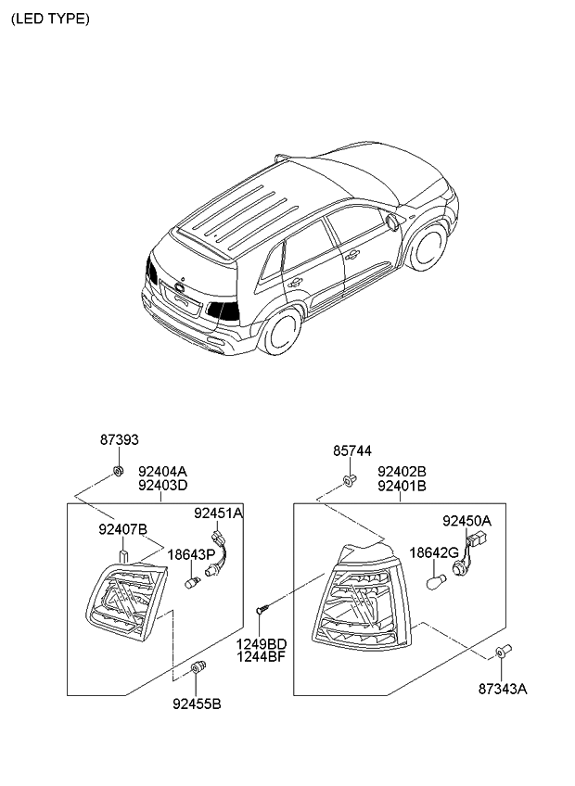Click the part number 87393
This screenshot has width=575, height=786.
119,439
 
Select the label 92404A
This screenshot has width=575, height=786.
162,472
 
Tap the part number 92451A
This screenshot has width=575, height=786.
218,513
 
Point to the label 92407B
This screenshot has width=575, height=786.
123,529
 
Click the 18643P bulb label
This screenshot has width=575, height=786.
191,554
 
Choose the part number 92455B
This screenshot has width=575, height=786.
197,704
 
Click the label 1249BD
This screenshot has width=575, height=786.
262,643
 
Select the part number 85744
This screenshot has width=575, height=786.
352,451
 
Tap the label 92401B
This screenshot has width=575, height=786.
402,486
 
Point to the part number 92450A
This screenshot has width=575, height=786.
466,521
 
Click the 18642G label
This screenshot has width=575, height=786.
434,553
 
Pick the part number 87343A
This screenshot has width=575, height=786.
503,690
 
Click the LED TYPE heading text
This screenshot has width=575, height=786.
50,19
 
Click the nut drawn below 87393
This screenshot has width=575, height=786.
119,471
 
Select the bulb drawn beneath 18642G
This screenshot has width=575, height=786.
435,582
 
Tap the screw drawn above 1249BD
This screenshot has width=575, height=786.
262,609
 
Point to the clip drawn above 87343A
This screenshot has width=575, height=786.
503,651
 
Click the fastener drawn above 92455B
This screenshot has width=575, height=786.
198,667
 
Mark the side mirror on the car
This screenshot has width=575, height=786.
393,222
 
